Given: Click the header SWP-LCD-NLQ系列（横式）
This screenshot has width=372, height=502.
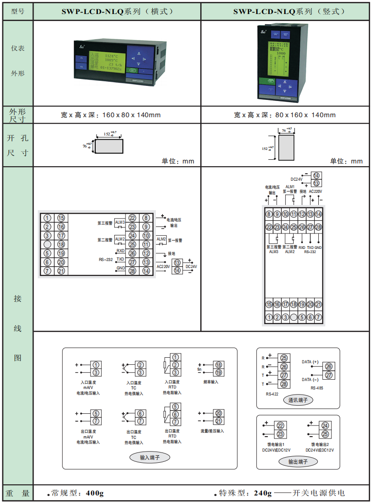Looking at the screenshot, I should tap(117, 11).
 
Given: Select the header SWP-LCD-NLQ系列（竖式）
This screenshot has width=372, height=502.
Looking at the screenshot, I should tap(286, 11).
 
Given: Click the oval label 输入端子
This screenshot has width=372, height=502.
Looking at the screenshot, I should tap(150, 458).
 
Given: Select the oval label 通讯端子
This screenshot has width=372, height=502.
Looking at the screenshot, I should tap(298, 400).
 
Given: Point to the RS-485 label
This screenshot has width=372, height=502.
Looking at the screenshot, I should tap(317, 388).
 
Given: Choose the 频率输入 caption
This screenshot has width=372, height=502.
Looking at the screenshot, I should tap(211, 382).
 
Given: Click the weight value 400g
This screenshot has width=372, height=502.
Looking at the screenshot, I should tap(94, 493).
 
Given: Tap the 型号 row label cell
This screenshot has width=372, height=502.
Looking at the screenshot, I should tap(18, 11).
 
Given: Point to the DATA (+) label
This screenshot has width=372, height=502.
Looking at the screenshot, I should tap(310, 362).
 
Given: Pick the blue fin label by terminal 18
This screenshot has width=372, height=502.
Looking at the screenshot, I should tap(199, 369).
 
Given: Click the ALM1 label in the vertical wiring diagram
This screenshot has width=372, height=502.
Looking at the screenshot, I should tap(290, 186).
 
